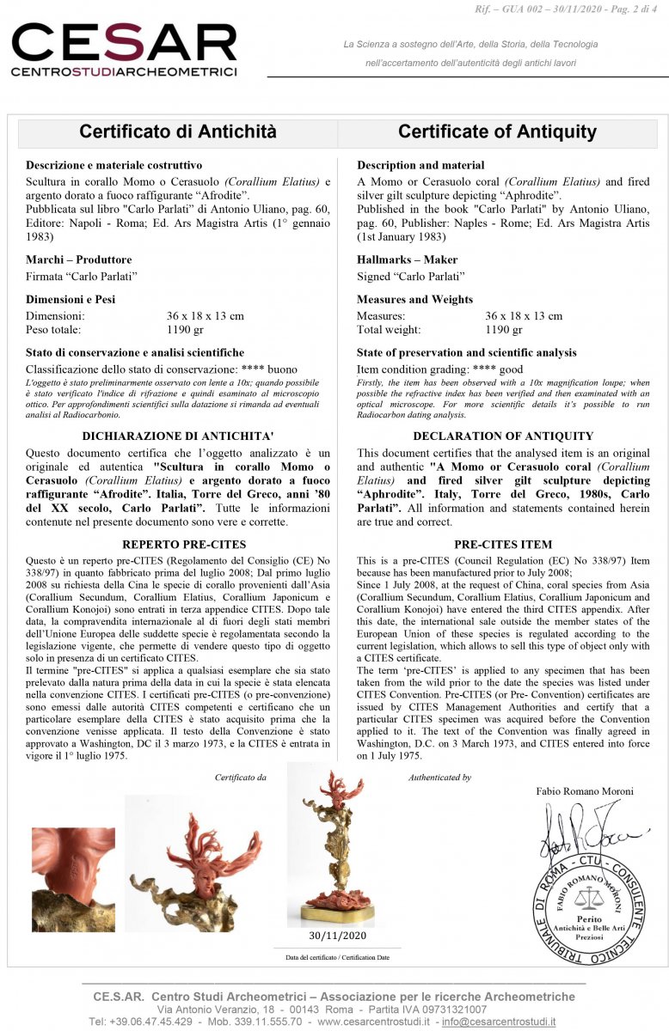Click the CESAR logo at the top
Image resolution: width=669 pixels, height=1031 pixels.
tap(124, 49)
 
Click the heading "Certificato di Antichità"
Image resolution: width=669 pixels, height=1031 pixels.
tap(178, 131)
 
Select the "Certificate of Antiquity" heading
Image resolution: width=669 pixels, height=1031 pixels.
tap(497, 131)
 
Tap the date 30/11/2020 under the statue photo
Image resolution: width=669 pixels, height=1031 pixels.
tap(337, 936)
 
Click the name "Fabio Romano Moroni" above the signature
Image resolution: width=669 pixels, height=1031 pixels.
tap(584, 790)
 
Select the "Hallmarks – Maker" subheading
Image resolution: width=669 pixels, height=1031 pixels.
tap(407, 259)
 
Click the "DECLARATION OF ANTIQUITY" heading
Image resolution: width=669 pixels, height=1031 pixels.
tap(503, 436)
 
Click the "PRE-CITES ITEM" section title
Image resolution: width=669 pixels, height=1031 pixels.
tap(503, 544)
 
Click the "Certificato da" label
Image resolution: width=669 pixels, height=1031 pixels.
tap(240, 778)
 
